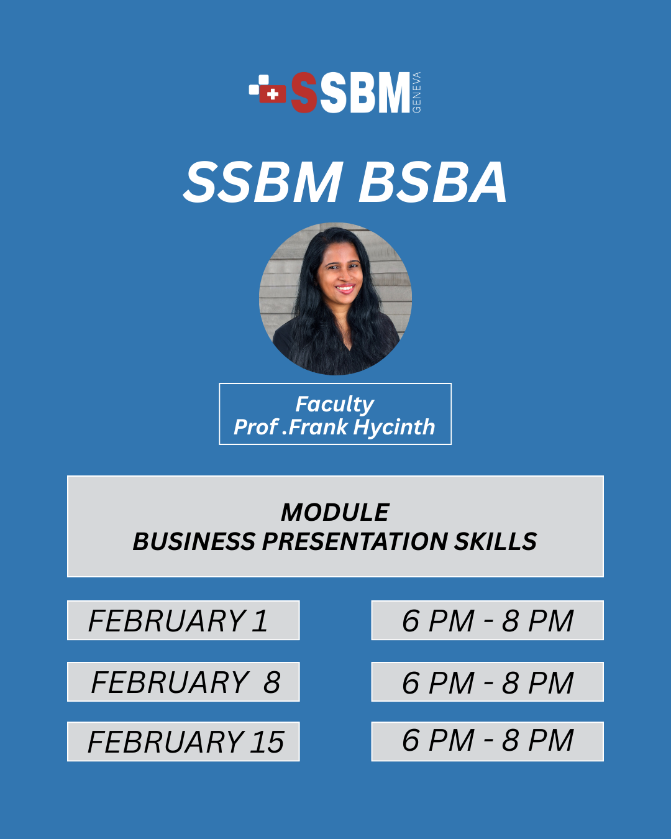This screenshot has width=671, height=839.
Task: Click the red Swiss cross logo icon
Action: click(272, 94)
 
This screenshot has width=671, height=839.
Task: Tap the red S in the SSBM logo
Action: click(304, 93)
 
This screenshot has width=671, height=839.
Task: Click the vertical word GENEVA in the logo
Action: click(416, 93)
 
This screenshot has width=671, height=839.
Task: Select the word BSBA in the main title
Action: click(432, 183)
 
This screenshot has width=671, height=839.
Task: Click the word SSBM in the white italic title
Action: click(263, 183)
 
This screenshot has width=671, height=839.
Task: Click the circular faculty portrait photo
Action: click(335, 299)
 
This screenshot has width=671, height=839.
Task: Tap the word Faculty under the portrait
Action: click(335, 405)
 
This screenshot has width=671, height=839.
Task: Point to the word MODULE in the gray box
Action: click(335, 512)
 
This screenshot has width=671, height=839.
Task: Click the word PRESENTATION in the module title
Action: click(355, 541)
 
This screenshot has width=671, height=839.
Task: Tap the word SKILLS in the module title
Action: click(496, 541)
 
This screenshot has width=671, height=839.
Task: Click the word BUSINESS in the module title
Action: click(194, 541)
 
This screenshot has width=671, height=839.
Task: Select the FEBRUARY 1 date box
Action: click(183, 620)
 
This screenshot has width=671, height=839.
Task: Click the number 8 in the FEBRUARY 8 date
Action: click(272, 682)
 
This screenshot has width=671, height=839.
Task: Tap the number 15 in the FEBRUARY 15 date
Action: click(267, 742)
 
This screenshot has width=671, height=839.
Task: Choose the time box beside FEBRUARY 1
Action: click(487, 620)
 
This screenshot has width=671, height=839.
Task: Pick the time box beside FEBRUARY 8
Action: click(487, 682)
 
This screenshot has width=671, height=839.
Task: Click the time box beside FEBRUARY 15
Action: click(487, 741)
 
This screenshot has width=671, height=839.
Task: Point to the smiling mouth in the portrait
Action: click(345, 289)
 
